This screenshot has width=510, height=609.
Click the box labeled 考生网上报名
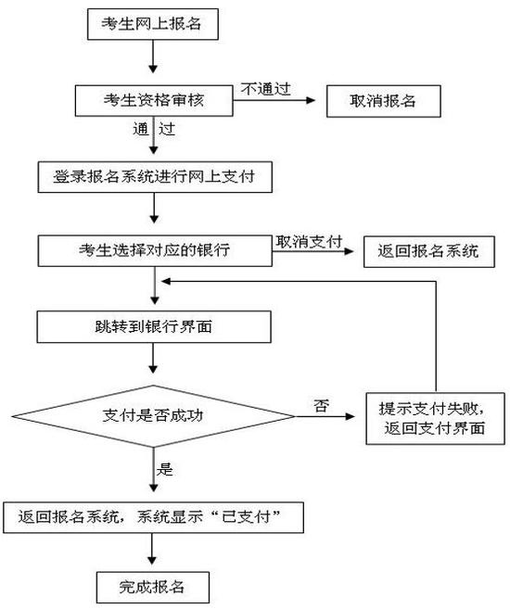click(153, 24)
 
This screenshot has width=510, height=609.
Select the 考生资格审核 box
click(154, 101)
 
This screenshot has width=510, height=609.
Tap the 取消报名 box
click(383, 101)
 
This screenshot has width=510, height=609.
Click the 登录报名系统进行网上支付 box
click(155, 177)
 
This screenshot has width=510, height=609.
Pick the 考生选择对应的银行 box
click(155, 250)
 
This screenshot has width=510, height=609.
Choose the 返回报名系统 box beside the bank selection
click(428, 251)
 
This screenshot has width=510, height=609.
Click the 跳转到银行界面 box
click(154, 326)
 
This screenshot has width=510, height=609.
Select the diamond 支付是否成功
click(153, 416)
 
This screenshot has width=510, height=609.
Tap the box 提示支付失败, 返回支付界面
click(435, 418)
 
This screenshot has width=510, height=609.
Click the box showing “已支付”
click(153, 517)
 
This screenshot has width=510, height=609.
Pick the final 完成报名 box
click(153, 587)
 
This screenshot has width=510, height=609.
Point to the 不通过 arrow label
click(266, 89)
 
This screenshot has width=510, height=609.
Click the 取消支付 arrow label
click(309, 242)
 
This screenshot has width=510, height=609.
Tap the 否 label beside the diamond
click(322, 406)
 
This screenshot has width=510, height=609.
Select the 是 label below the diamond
click(165, 469)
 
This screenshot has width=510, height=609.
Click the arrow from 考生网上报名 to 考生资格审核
click(153, 57)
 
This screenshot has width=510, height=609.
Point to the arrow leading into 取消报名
click(274, 100)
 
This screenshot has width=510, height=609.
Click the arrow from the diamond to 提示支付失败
click(325, 416)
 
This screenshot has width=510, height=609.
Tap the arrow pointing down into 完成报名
click(152, 549)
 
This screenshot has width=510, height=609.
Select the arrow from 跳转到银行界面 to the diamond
click(153, 358)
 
